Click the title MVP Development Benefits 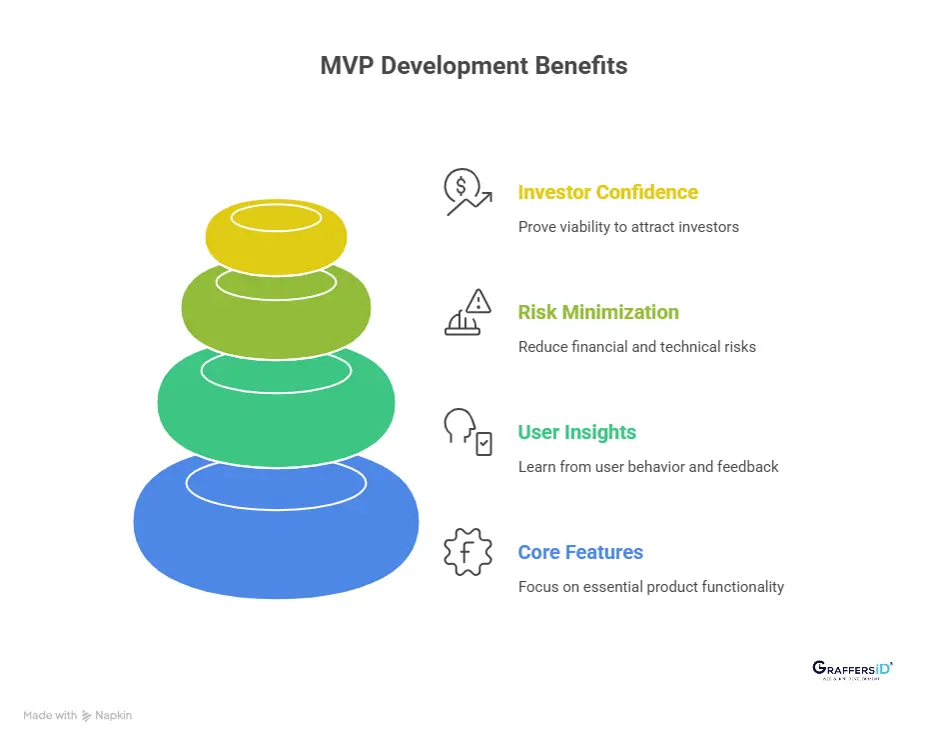coord(473,66)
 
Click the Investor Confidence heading coord(607,192)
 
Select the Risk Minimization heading coord(597,312)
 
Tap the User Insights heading coord(576,432)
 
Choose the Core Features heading coord(580,552)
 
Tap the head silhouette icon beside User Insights coord(467,432)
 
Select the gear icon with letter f coord(467,552)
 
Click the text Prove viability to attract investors coord(628,227)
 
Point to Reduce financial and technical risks coord(636,347)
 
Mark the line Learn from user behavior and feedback coord(648,467)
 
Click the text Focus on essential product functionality coord(650,587)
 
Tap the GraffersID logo coord(852,670)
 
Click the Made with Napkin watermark coord(78,715)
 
